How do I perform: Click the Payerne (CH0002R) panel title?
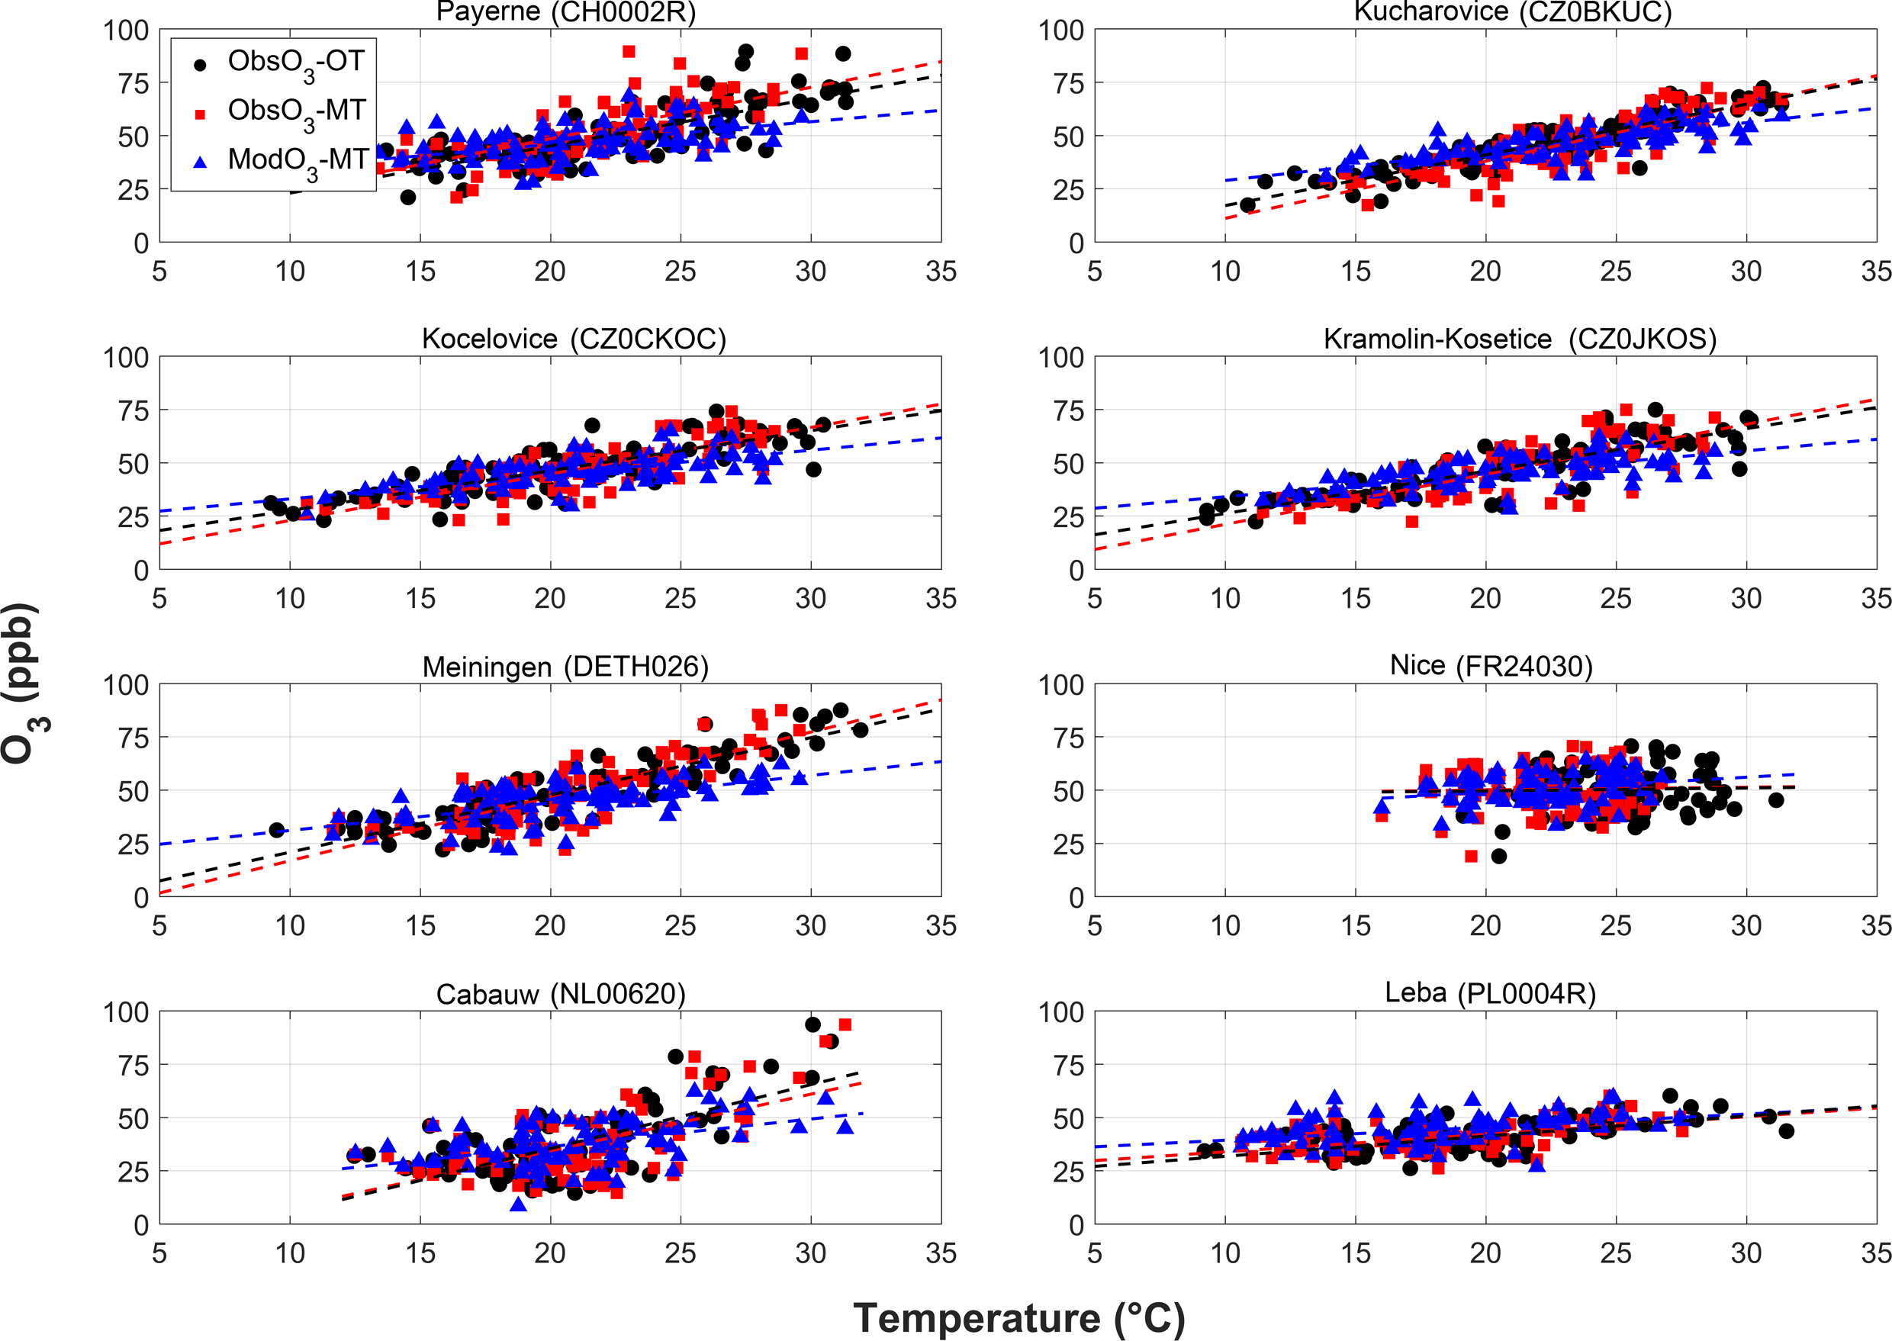566,12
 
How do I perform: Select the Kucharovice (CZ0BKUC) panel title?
1513,12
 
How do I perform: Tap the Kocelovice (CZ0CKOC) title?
574,339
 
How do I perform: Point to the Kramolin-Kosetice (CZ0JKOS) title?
1520,339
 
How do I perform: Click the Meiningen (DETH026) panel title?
566,667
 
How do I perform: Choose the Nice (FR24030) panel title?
1491,666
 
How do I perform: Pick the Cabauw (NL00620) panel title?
561,994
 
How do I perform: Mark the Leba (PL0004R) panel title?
1490,992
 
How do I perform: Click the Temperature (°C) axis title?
1018,1318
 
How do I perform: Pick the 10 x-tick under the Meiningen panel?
290,925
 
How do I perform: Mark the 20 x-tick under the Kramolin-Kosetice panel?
1485,599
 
